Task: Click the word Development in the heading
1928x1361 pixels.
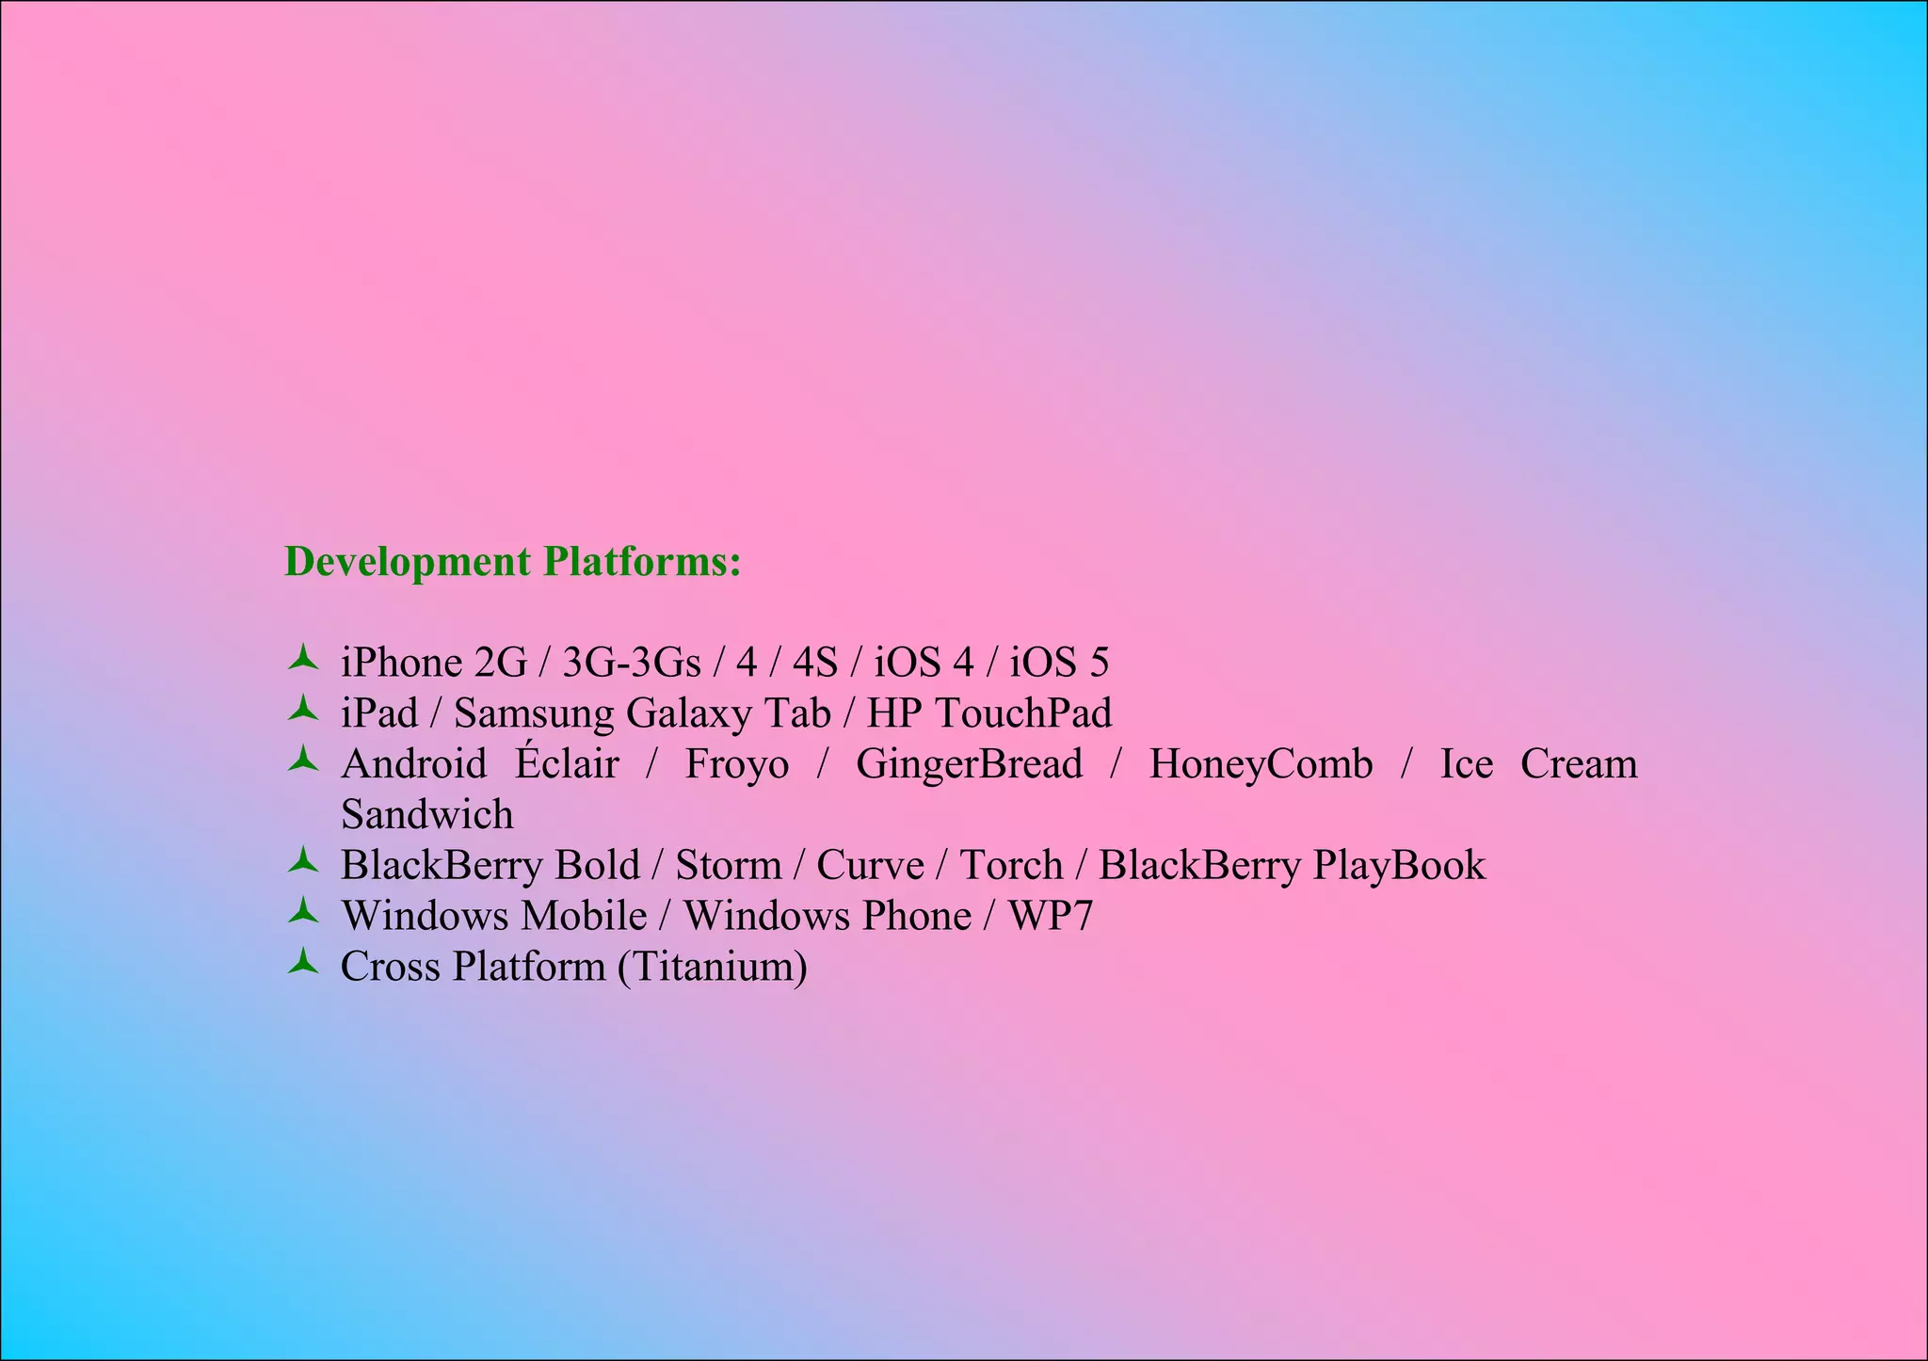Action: (408, 562)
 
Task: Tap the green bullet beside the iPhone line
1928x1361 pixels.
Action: (303, 658)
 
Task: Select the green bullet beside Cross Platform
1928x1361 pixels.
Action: (303, 962)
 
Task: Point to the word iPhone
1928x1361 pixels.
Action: (401, 663)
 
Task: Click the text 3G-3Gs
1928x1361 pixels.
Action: (632, 663)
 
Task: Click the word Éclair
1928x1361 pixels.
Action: (567, 763)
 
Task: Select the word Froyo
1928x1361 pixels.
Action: (737, 763)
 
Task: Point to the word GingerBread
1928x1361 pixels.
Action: (969, 763)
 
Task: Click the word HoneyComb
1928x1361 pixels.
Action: (1261, 763)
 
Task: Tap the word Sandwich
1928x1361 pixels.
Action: (427, 814)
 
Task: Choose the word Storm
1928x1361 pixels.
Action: (729, 865)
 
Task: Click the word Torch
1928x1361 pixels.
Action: (1011, 865)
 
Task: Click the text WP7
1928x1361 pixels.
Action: (1051, 916)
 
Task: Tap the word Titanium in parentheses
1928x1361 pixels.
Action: (713, 967)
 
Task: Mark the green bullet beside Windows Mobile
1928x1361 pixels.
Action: (303, 911)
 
